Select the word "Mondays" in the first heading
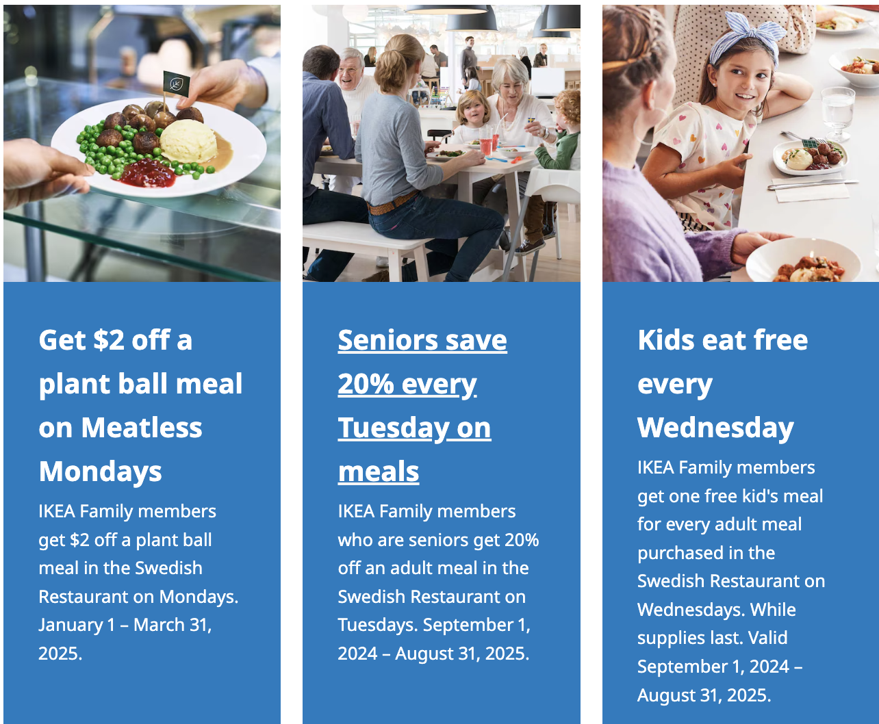coord(101,471)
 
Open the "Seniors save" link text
coord(422,340)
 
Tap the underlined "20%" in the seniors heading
coord(366,384)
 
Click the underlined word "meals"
coord(379,471)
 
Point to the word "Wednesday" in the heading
coord(715,428)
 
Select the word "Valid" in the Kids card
coord(767,638)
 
